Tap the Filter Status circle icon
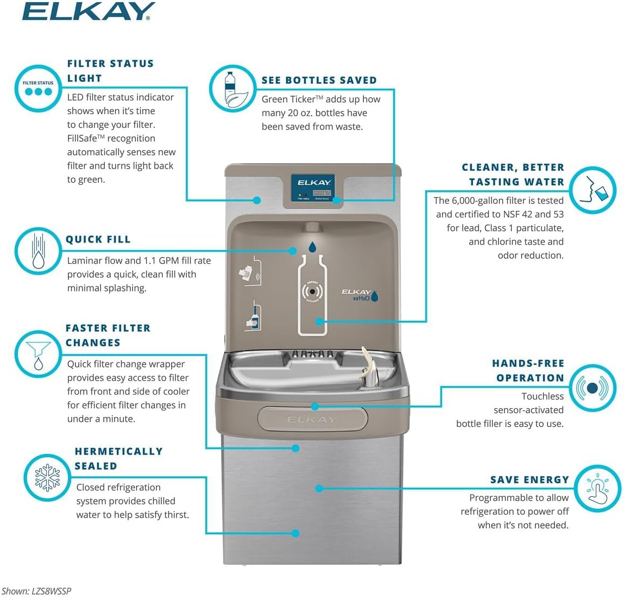[38, 88]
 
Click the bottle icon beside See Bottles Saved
[232, 89]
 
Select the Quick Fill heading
[98, 239]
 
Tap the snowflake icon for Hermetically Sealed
[48, 478]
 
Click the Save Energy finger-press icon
[597, 488]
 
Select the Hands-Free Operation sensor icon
[593, 388]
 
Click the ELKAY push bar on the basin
[312, 419]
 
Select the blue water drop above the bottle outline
[312, 247]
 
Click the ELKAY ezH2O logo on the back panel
[359, 295]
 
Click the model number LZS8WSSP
[51, 591]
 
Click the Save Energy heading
[529, 479]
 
